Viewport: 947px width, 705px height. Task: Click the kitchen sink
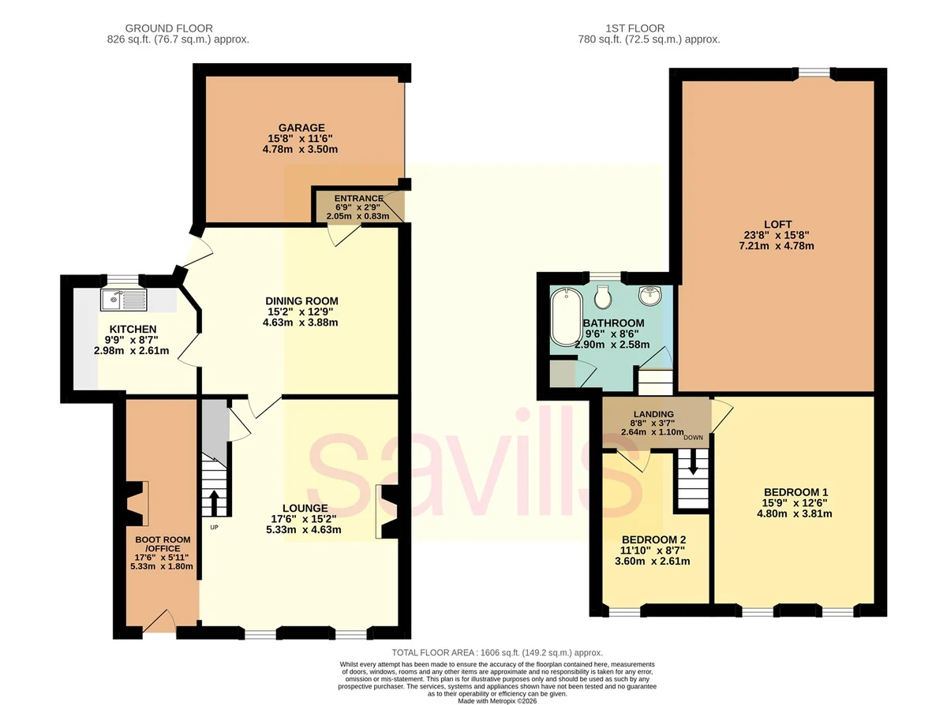(x=124, y=300)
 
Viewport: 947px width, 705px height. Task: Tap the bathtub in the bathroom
(x=566, y=317)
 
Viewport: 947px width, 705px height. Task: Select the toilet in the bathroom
(x=602, y=297)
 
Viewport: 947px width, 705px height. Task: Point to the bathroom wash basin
(x=649, y=295)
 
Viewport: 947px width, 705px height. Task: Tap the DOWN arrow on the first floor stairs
(x=693, y=462)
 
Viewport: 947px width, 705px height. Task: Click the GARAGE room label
(x=301, y=128)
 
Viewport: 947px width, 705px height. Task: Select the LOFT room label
(x=778, y=224)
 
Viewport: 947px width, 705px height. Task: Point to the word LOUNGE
(x=305, y=509)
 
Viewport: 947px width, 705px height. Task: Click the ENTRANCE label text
(x=358, y=199)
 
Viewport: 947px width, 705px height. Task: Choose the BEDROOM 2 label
(x=653, y=540)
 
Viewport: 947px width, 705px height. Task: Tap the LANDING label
(x=653, y=414)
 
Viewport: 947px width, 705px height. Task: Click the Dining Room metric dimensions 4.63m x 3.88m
(x=300, y=323)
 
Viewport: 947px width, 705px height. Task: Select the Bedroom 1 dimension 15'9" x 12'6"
(x=795, y=502)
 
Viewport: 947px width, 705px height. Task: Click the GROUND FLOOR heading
(x=169, y=28)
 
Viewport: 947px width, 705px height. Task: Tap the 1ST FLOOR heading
(x=635, y=28)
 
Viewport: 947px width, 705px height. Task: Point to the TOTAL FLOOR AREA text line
(x=497, y=652)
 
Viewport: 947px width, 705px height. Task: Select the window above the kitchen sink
(x=123, y=279)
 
